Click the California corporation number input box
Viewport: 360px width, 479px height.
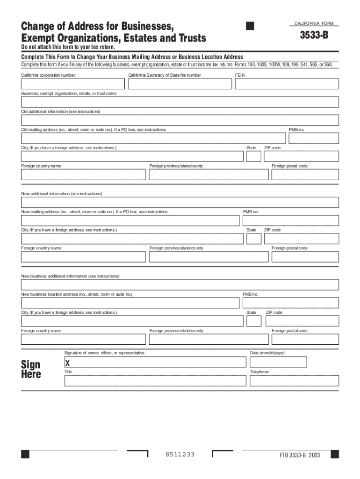coord(72,84)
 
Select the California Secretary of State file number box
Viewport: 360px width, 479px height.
coord(180,84)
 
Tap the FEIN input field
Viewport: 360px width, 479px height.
coord(287,84)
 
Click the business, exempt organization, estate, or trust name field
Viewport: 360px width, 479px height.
coord(180,102)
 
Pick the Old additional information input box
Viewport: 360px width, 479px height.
coord(180,120)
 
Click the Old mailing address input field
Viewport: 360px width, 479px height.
coord(153,138)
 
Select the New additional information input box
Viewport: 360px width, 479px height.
coord(180,202)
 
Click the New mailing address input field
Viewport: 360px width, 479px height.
coord(130,220)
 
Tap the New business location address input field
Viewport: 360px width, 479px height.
coord(130,303)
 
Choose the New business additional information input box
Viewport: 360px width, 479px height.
coord(180,285)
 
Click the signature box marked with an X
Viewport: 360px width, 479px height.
coord(155,362)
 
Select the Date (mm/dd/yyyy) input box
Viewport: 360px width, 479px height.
coord(278,362)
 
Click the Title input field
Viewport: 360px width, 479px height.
coord(155,381)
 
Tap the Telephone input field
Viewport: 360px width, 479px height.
coord(294,381)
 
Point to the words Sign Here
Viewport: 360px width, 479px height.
coord(31,369)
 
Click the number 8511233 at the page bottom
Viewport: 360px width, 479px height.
coord(180,455)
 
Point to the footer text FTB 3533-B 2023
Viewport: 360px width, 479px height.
coord(300,455)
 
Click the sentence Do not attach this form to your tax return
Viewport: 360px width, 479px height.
coord(68,48)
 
